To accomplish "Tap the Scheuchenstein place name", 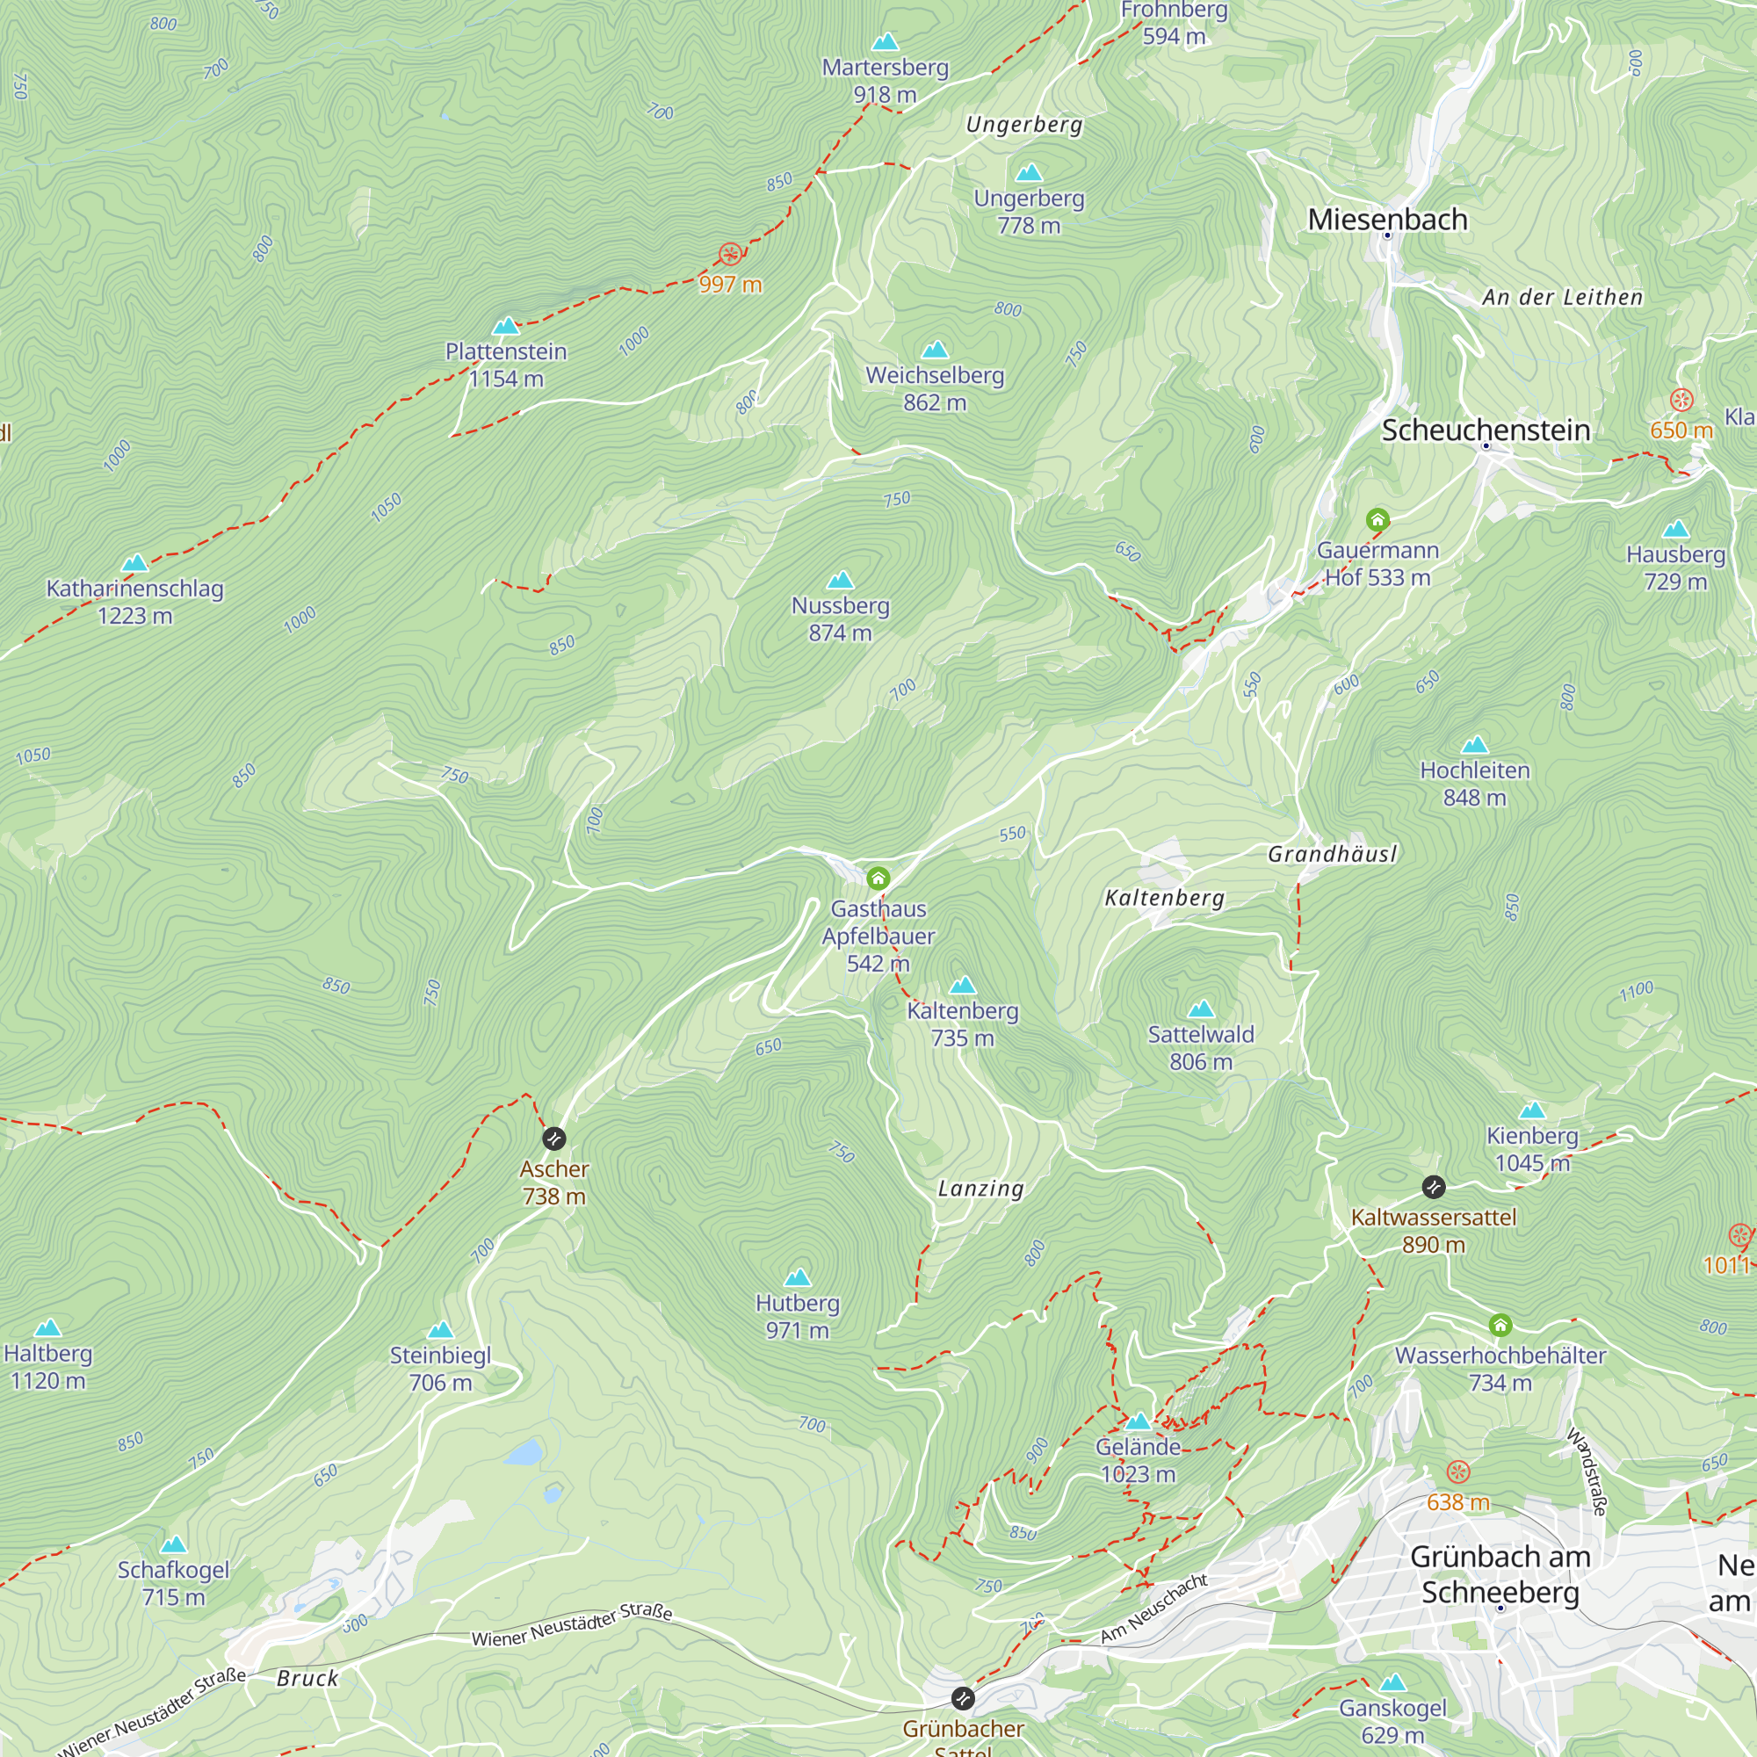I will [x=1485, y=430].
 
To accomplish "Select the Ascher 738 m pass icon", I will [x=553, y=1139].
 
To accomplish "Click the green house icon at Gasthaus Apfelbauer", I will [x=878, y=878].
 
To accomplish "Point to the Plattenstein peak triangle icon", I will [x=506, y=326].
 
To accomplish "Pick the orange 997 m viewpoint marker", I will [x=729, y=255].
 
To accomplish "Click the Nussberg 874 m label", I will [x=841, y=618].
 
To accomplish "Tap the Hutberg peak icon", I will [x=798, y=1277].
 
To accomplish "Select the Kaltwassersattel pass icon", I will [x=1433, y=1187].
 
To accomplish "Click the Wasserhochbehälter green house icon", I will [x=1500, y=1325].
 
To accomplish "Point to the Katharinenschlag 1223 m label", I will [x=134, y=601].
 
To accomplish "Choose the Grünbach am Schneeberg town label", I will [x=1500, y=1574].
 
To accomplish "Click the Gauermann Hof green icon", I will [x=1377, y=520].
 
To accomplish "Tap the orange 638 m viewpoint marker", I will [x=1457, y=1472].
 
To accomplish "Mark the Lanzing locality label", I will [x=980, y=1189].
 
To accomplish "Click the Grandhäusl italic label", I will [x=1332, y=854].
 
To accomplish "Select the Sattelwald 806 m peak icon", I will [x=1201, y=1009].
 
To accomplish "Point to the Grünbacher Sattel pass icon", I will [x=962, y=1698].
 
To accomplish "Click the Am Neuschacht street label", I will [x=1153, y=1609].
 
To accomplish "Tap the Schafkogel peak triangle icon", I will [x=174, y=1545].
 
